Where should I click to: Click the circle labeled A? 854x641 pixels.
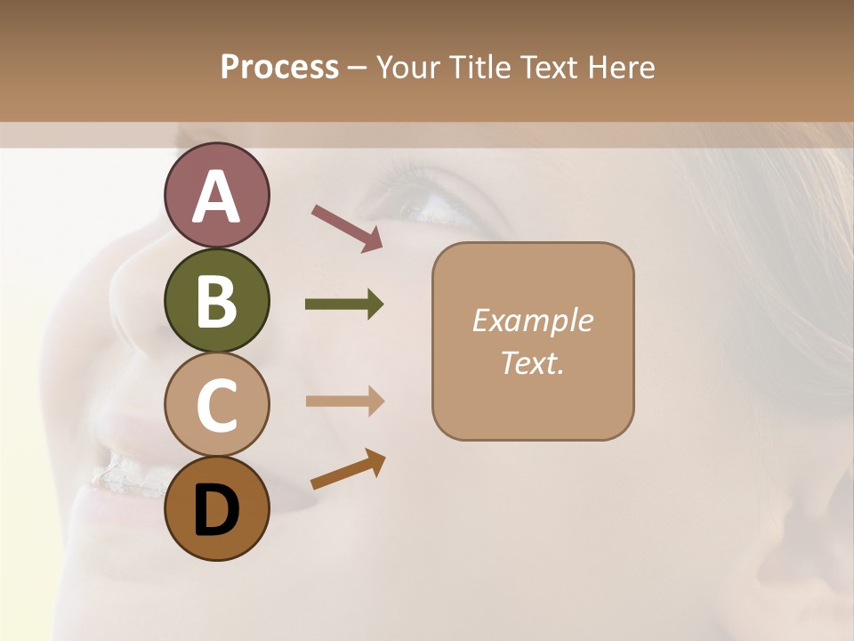tap(216, 196)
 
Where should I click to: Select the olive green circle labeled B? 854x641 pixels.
tap(216, 300)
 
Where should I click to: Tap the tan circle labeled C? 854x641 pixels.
tap(216, 404)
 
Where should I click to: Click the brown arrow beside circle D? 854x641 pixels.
tap(348, 469)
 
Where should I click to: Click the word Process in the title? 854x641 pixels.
tap(279, 68)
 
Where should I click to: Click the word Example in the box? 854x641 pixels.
tap(532, 320)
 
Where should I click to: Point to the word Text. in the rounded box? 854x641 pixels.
tap(532, 362)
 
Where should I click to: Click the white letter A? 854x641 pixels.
tap(216, 197)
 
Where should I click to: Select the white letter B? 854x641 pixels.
tap(216, 301)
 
